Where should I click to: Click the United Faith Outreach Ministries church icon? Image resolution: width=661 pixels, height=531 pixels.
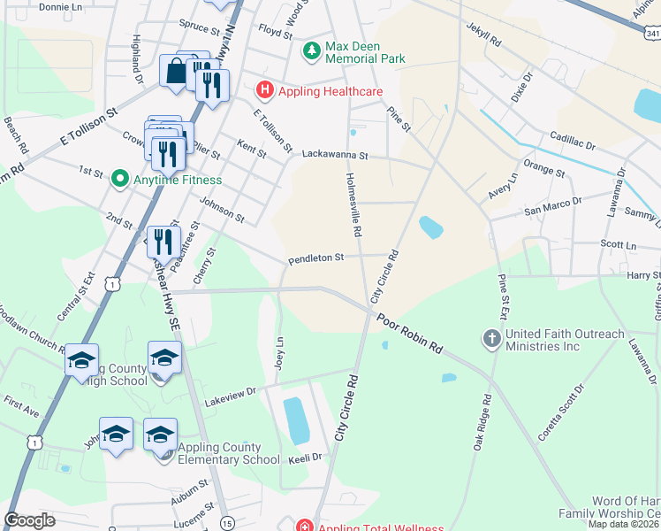pos(491,339)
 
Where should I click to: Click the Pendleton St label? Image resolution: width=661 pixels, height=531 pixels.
pos(315,258)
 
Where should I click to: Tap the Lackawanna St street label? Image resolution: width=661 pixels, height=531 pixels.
pos(334,154)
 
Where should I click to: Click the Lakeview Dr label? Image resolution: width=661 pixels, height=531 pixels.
pos(230,390)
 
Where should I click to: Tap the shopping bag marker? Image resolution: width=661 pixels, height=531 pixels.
pos(176,71)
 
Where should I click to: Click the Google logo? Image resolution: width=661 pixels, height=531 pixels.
pos(29,519)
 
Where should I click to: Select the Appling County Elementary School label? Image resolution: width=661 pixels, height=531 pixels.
pos(219,453)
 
